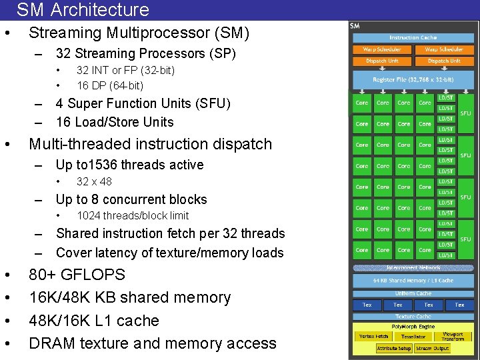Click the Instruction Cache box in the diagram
point(413,37)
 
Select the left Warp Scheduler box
point(382,49)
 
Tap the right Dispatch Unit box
point(444,61)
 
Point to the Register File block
point(413,79)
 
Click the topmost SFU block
point(465,113)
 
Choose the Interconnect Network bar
point(413,268)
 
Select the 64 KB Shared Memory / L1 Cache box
point(413,281)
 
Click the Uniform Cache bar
point(413,293)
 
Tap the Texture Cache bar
point(413,316)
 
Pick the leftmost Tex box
point(367,305)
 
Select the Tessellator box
point(413,337)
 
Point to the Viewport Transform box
point(453,337)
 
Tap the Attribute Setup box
point(393,349)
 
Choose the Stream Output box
point(433,349)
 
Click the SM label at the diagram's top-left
point(355,26)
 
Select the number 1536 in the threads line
point(107,165)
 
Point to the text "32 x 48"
point(94,181)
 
